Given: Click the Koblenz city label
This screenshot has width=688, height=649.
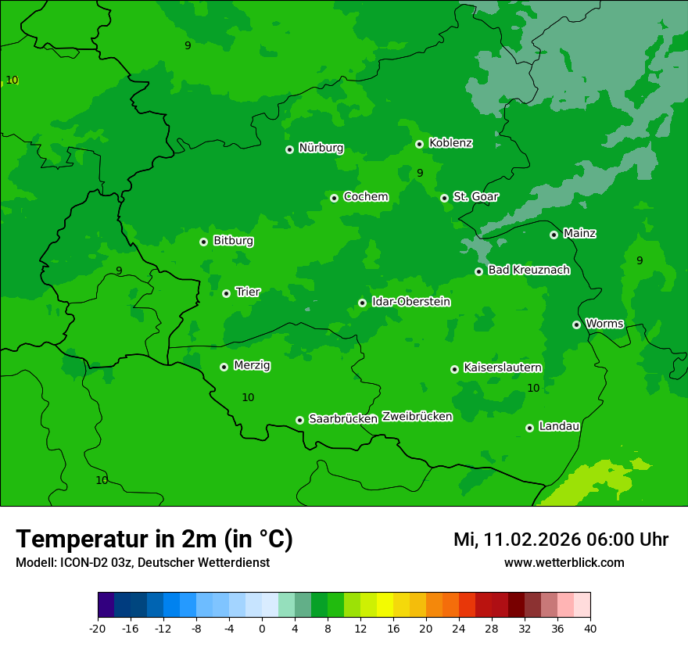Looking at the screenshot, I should point(450,143).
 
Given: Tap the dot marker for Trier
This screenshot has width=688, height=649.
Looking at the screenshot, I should point(226,293).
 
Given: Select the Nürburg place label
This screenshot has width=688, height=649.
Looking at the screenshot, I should point(321,148).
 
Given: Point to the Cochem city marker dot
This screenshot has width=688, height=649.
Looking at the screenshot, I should point(334,198).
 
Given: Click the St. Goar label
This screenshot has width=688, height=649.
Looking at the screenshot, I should point(475,196).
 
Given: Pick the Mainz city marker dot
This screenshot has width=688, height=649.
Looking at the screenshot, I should point(554,235).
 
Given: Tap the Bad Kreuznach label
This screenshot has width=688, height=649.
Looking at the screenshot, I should point(529,270).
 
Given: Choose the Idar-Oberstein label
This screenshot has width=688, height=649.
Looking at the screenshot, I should point(410,301).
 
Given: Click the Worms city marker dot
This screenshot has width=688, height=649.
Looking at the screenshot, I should point(576,324).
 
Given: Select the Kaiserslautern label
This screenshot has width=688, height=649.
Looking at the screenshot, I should point(502,368).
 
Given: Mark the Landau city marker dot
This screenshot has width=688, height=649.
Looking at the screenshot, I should point(529,428).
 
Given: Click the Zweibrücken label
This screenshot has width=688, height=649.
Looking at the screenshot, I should point(417,417).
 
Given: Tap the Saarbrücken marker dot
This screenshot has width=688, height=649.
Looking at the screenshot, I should point(299,420).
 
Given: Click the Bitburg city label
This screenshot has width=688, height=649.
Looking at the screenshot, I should point(233,241).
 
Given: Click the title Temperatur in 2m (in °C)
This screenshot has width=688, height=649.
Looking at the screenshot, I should point(154,539).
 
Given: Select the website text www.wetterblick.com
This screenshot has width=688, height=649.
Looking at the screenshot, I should point(564,562).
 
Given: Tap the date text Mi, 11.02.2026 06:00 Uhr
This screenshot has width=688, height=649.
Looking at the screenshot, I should point(561,540).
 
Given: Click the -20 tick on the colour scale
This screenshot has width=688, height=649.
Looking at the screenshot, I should point(98,628).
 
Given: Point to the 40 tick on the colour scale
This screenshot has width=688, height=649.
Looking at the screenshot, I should point(590,628).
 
